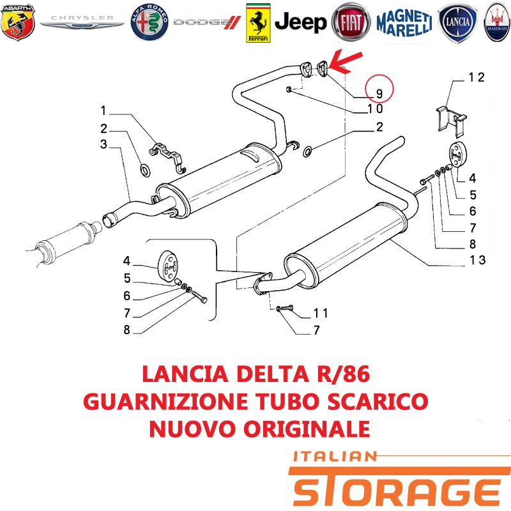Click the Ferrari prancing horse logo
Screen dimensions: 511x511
(x=258, y=23)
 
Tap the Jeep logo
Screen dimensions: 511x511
(x=300, y=22)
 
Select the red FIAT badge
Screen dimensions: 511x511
(x=351, y=22)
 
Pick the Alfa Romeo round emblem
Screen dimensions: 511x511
(x=149, y=22)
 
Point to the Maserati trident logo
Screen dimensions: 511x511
(x=497, y=22)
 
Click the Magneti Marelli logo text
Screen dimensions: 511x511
(x=404, y=22)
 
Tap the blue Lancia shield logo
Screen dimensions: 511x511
(x=457, y=23)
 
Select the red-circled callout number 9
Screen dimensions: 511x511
(x=379, y=93)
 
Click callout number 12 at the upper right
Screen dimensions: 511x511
(x=477, y=77)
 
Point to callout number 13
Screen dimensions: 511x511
(x=477, y=260)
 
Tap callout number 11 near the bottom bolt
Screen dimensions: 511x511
(x=321, y=313)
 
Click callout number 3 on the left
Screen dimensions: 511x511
(x=103, y=144)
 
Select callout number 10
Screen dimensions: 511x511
(x=375, y=109)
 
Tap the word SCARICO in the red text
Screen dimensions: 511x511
(x=378, y=402)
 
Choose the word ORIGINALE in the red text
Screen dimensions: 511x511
(x=307, y=429)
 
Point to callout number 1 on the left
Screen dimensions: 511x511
(x=103, y=111)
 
